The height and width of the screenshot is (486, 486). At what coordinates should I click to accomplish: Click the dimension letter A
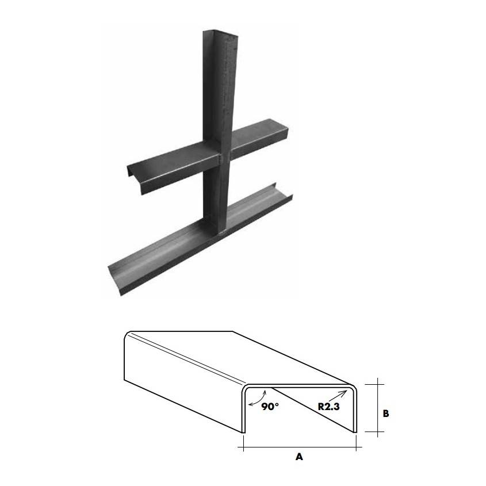[299, 457]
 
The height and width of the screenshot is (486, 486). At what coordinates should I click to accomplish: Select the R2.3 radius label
[330, 406]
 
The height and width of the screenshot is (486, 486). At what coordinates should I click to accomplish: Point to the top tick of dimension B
[377, 382]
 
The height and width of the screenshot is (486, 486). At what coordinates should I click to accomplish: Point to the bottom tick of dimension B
[377, 433]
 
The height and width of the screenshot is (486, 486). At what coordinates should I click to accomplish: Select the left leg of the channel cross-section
[243, 411]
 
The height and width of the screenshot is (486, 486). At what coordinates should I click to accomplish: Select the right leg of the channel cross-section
[356, 411]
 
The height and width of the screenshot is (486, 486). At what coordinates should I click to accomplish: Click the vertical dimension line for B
[377, 407]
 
